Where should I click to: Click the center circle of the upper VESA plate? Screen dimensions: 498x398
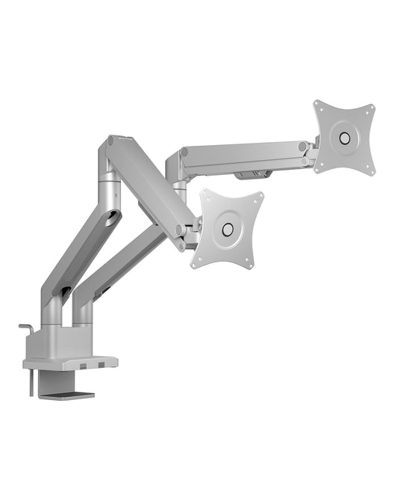tap(344, 138)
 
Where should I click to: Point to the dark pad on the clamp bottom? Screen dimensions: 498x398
tap(72, 395)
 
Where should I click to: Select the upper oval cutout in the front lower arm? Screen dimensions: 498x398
tap(112, 218)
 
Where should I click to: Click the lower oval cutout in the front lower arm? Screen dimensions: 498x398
tap(66, 292)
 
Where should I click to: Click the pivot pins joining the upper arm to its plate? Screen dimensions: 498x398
tap(305, 153)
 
